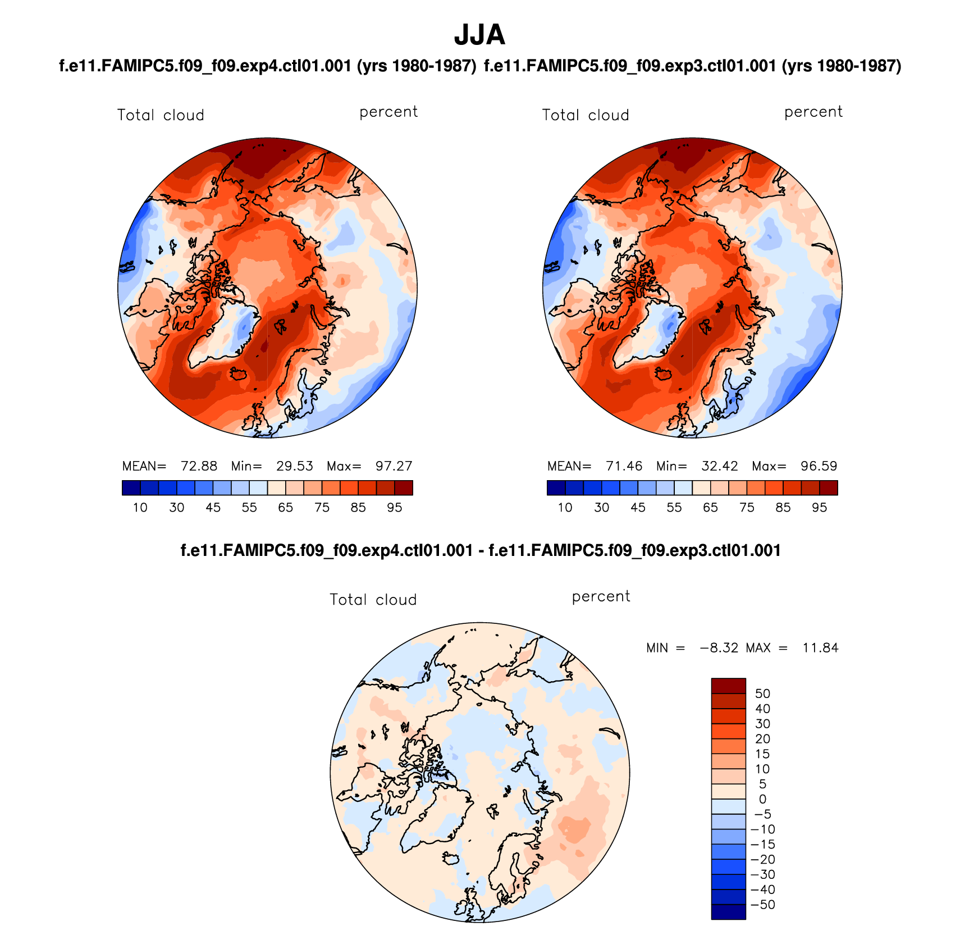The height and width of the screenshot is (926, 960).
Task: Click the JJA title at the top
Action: tap(479, 35)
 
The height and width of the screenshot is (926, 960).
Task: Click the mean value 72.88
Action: tap(199, 466)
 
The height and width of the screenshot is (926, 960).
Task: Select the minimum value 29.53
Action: tap(294, 466)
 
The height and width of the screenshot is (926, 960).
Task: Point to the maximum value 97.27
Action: tap(394, 466)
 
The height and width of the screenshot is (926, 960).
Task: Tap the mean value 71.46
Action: tap(624, 466)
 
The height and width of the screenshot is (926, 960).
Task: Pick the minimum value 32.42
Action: tap(719, 466)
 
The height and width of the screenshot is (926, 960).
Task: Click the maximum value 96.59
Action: tap(819, 466)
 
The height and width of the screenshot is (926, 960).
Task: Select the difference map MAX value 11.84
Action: tap(820, 648)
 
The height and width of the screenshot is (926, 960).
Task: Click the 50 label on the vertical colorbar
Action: tap(762, 694)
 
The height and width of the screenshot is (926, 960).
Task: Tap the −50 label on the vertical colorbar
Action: tap(762, 905)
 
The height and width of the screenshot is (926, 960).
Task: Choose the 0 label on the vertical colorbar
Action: tap(762, 799)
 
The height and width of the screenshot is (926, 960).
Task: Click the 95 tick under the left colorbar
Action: tap(394, 508)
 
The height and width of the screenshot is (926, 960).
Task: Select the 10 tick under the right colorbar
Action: tap(565, 508)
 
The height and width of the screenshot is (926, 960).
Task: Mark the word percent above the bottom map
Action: tap(601, 596)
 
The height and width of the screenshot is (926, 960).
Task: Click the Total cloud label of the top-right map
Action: tap(585, 115)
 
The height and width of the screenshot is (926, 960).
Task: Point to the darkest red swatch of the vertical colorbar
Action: tap(728, 686)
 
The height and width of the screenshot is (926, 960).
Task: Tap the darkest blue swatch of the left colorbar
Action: tap(131, 487)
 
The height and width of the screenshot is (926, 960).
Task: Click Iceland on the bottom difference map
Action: tap(451, 859)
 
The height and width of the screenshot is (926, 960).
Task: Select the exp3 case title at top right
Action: tap(692, 66)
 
